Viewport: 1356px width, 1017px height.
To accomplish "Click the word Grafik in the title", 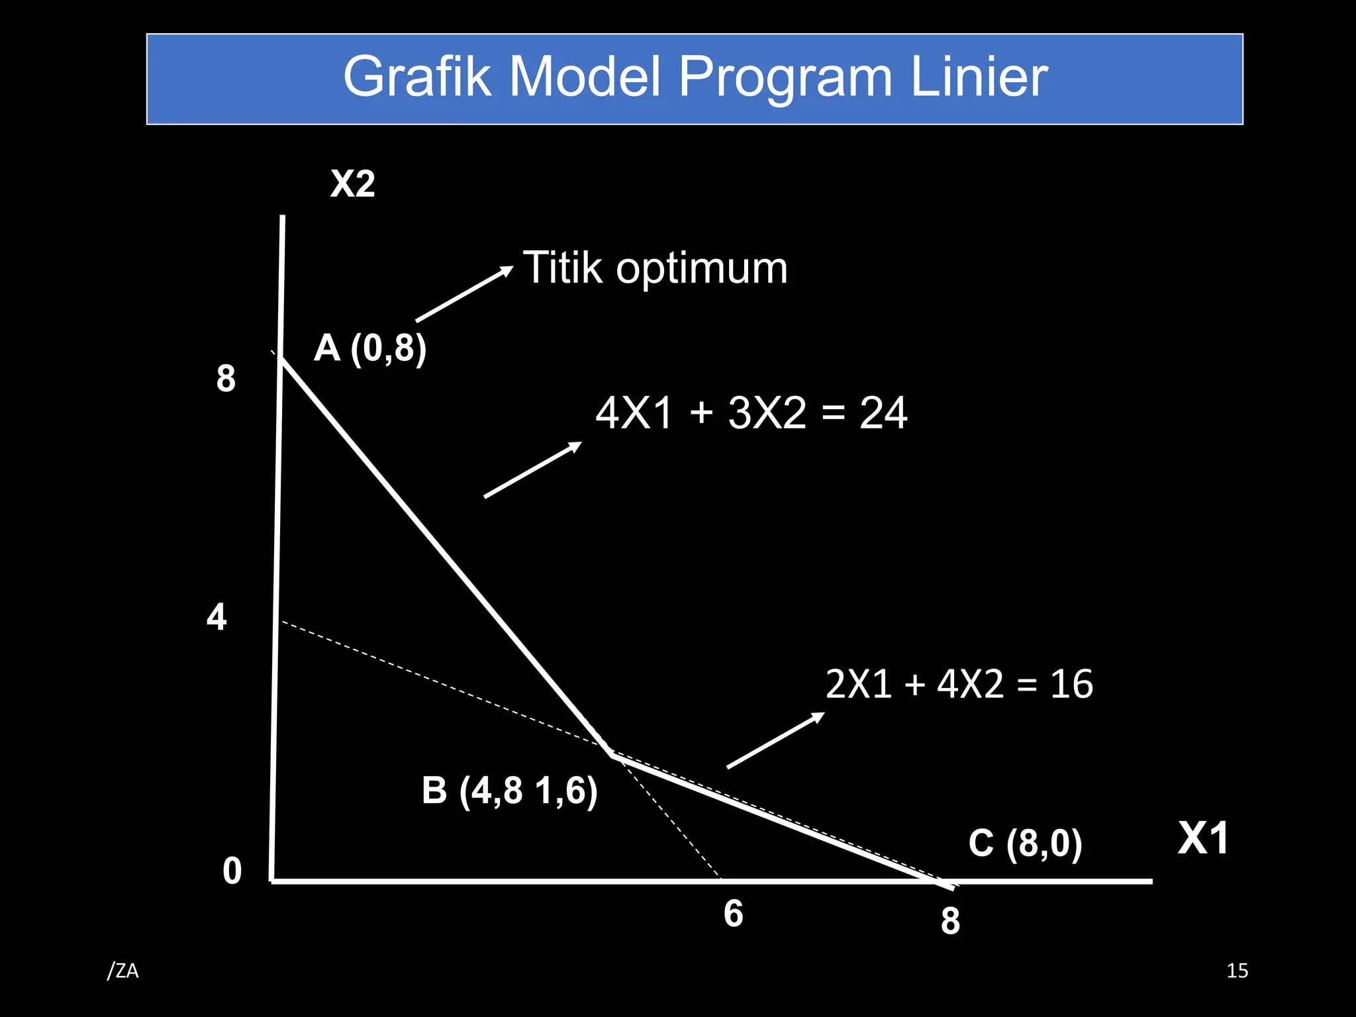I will (x=417, y=77).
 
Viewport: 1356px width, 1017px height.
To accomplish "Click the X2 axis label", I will (x=352, y=183).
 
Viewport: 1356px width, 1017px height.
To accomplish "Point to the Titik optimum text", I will (x=655, y=268).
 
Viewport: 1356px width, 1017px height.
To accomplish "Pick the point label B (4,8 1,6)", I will (x=509, y=790).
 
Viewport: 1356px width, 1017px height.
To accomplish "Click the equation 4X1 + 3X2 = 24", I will (x=751, y=412).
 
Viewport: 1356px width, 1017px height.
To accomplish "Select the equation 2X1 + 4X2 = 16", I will (x=959, y=684).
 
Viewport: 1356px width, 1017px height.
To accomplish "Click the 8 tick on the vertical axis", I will (x=226, y=379).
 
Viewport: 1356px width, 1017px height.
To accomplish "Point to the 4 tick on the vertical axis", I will (x=217, y=617).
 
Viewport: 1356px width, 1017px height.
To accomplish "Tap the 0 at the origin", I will (x=232, y=871).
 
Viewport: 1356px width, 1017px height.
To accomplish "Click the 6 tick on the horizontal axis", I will (x=733, y=914).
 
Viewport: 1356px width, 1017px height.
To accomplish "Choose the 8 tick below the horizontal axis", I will (x=950, y=921).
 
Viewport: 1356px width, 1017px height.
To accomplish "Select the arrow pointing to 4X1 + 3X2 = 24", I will (x=532, y=469).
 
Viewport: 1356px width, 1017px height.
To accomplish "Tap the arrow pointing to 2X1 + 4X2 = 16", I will (x=775, y=740).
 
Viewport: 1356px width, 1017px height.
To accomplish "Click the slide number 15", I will (x=1237, y=971).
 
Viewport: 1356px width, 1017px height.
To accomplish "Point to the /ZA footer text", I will (x=123, y=971).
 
